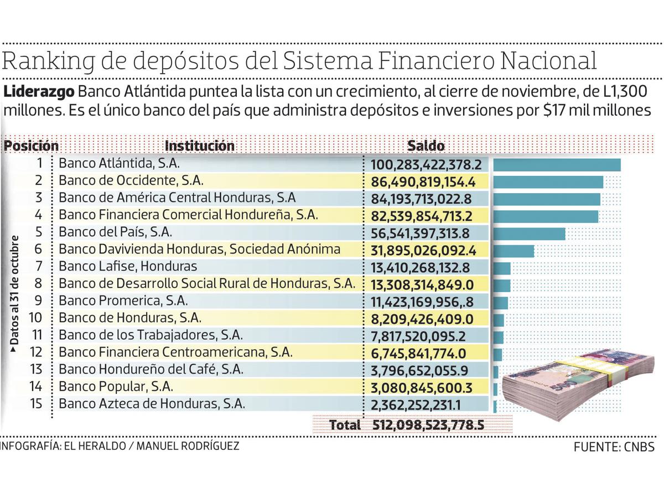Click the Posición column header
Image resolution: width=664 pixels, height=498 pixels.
[32, 146]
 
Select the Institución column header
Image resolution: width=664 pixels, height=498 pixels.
[200, 146]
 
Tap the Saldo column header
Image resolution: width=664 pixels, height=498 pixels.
[426, 146]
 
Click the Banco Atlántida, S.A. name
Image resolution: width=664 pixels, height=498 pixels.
[119, 164]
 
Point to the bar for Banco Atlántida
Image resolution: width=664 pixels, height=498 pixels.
[557, 165]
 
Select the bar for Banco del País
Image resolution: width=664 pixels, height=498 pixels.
[529, 234]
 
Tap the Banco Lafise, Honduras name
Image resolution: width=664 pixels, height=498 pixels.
[128, 267]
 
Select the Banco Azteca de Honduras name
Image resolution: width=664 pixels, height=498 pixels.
[152, 404]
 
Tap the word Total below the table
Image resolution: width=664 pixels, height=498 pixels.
[345, 426]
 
